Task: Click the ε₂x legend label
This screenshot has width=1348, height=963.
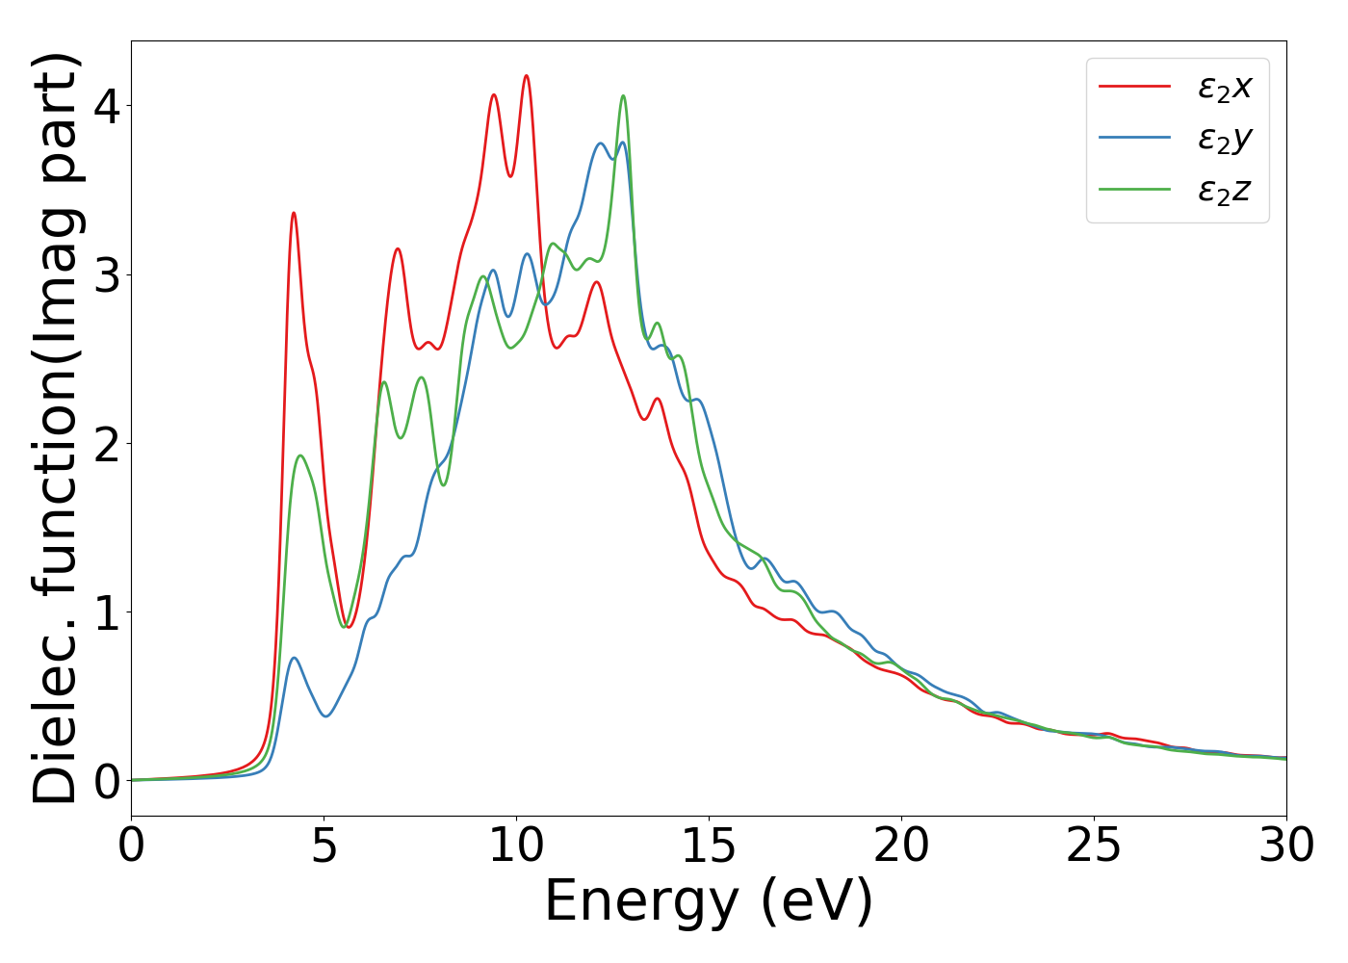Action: [1224, 88]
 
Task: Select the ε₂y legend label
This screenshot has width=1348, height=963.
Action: [1224, 140]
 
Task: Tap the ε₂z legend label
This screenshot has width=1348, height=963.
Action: [1224, 191]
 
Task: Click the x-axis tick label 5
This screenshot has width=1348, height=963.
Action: [324, 846]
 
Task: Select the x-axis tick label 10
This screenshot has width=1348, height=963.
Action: [517, 846]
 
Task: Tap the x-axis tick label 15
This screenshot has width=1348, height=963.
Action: [710, 846]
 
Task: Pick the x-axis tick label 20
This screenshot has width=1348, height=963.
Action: [902, 846]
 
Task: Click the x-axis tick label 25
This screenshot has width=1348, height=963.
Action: [1095, 846]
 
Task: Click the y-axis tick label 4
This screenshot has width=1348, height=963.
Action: [107, 107]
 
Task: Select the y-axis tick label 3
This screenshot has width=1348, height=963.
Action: [107, 275]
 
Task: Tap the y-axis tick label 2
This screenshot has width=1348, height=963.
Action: [107, 444]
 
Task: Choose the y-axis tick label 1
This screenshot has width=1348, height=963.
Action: [107, 612]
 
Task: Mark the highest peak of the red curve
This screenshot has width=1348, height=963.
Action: [526, 75]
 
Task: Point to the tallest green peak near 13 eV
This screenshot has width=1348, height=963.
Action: [623, 95]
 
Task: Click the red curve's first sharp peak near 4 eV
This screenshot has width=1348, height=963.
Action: [293, 213]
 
